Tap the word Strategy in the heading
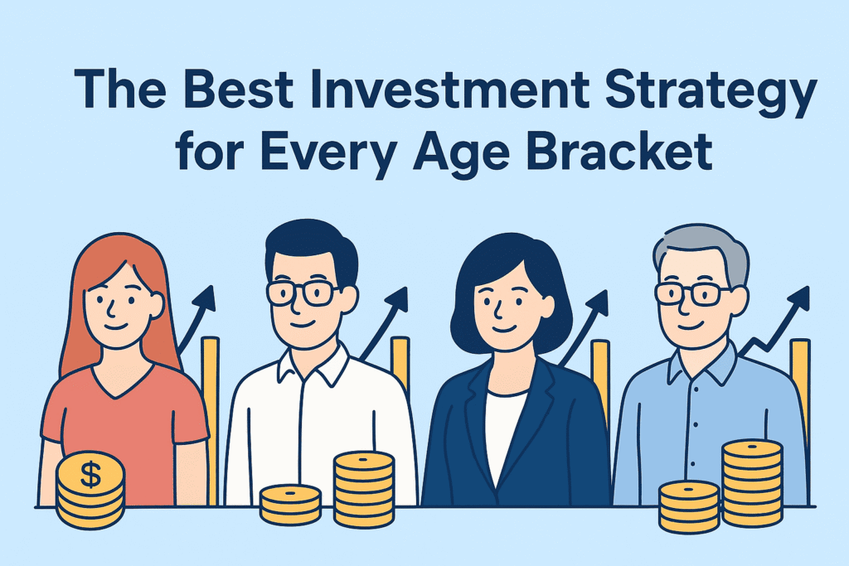pyautogui.click(x=710, y=93)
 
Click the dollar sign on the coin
pyautogui.click(x=90, y=475)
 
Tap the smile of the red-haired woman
pyautogui.click(x=115, y=327)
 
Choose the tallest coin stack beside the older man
pyautogui.click(x=752, y=483)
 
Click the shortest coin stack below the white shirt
pyautogui.click(x=291, y=505)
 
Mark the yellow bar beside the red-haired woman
pyautogui.click(x=210, y=421)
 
